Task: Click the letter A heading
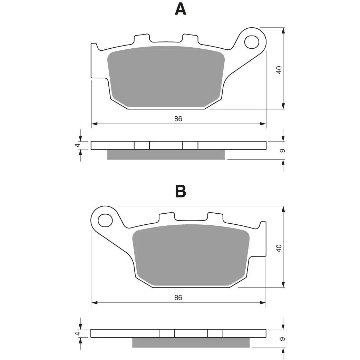[x=181, y=10]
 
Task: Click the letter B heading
[x=181, y=191]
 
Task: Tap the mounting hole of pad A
[x=252, y=42]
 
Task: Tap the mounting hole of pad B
[x=105, y=221]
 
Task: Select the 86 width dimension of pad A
[x=178, y=119]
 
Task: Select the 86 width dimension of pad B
[x=178, y=298]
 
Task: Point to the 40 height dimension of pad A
[x=279, y=70]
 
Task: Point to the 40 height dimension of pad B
[x=279, y=249]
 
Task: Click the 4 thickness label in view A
[x=78, y=145]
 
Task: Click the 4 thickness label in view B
[x=78, y=333]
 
